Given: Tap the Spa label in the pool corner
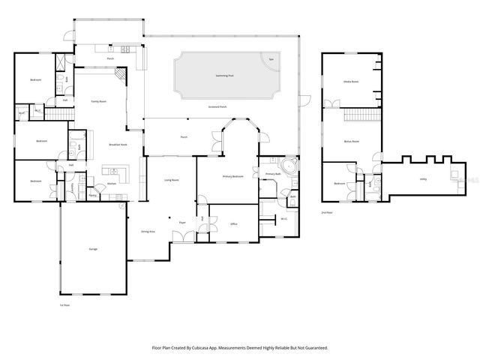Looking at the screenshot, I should click(271, 59).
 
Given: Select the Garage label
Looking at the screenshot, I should click(93, 249).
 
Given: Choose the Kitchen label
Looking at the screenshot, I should click(111, 183).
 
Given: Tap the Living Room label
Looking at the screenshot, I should click(172, 180).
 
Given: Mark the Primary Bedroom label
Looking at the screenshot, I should click(232, 176).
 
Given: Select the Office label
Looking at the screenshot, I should click(234, 223).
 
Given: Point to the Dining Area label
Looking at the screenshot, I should click(148, 232).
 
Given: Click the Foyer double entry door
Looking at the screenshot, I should click(181, 236).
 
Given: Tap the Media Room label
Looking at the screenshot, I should click(350, 82).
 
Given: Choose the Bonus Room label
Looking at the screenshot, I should click(351, 140).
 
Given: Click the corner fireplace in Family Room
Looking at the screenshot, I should click(119, 76).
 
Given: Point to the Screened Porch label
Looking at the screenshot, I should click(218, 108).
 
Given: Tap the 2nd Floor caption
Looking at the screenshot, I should click(326, 213).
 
